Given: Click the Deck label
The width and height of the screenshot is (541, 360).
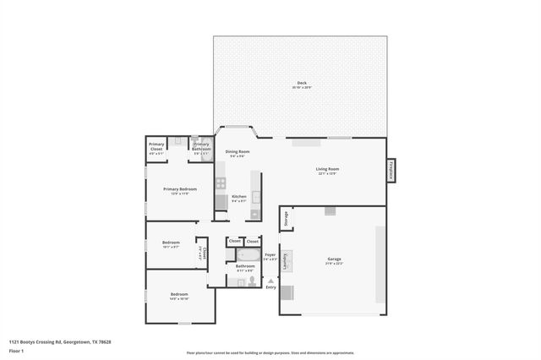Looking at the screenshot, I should [300, 83].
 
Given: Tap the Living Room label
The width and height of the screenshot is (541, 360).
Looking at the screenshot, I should [327, 169].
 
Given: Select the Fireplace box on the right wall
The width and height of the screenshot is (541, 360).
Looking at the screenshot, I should [391, 170].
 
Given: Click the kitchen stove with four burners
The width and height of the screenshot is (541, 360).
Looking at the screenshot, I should [221, 182].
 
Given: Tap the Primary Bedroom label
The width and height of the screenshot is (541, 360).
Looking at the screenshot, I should [180, 188].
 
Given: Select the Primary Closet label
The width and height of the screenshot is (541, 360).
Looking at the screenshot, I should [156, 149].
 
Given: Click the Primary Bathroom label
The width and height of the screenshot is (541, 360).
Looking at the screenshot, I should [201, 149].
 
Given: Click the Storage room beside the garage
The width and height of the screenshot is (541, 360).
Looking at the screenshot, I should [287, 219].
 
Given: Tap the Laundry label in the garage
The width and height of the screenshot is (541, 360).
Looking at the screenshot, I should [286, 262].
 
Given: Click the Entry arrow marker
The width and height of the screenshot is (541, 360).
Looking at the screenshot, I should [270, 281].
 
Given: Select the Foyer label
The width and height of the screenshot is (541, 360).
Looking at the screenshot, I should [270, 254].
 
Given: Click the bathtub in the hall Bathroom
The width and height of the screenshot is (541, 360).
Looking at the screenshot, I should [249, 254].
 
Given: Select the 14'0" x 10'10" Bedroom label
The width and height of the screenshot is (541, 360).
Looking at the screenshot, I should [179, 295].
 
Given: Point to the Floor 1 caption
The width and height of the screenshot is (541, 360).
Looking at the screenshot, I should [16, 349].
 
